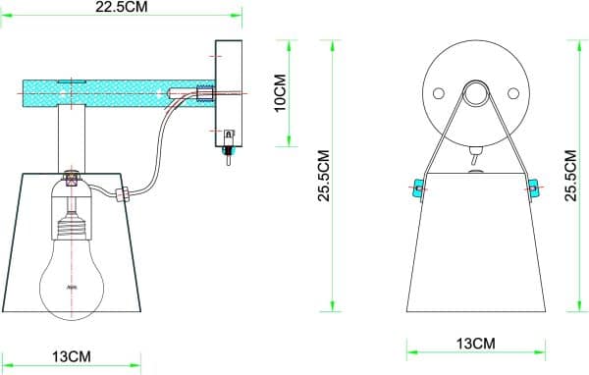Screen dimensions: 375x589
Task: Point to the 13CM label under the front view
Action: pyautogui.click(x=476, y=343)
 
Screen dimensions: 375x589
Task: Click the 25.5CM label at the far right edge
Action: pyautogui.click(x=572, y=174)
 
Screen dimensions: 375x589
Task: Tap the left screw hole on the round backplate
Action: pyautogui.click(x=439, y=93)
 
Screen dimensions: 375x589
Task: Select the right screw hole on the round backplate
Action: pyautogui.click(x=512, y=93)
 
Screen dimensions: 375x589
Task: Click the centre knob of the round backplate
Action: pyautogui.click(x=476, y=93)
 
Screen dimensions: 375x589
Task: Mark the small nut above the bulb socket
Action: pyautogui.click(x=72, y=179)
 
